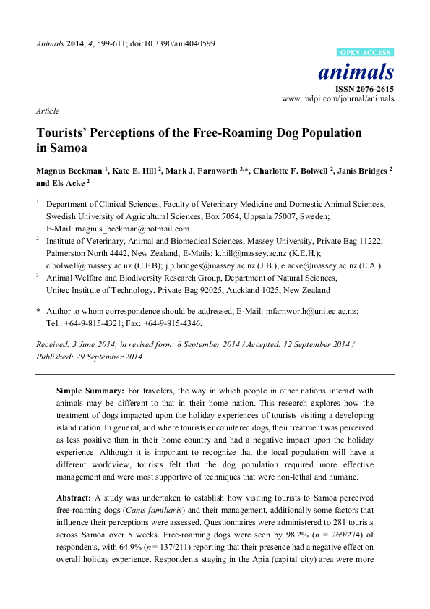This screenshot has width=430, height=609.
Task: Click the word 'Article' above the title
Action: [x=47, y=111]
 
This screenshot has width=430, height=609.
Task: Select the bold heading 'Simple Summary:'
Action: [x=85, y=391]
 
